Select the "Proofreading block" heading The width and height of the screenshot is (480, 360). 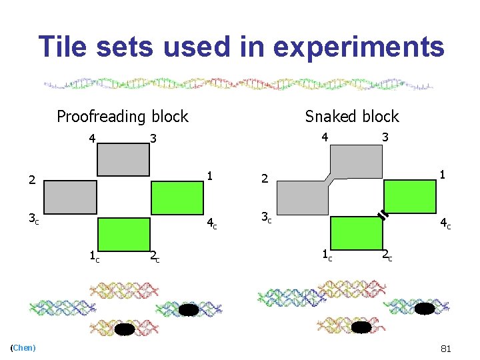pyautogui.click(x=123, y=117)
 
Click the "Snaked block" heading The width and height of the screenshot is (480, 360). pyautogui.click(x=351, y=116)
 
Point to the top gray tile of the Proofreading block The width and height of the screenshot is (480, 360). pyautogui.click(x=123, y=160)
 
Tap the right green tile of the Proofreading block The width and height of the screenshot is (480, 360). pyautogui.click(x=177, y=197)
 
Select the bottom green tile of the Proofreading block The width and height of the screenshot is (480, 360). pyautogui.click(x=123, y=233)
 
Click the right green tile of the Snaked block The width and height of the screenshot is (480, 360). pyautogui.click(x=409, y=197)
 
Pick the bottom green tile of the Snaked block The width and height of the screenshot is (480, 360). pyautogui.click(x=356, y=233)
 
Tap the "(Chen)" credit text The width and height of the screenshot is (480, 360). pyautogui.click(x=23, y=347)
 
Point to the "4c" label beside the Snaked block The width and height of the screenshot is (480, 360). pyautogui.click(x=444, y=225)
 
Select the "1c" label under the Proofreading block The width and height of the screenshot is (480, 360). pyautogui.click(x=95, y=254)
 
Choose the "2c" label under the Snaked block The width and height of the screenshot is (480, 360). pyautogui.click(x=387, y=255)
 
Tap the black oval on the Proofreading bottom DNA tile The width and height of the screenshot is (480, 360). pyautogui.click(x=125, y=329)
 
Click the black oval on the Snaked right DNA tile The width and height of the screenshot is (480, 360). pyautogui.click(x=425, y=308)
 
